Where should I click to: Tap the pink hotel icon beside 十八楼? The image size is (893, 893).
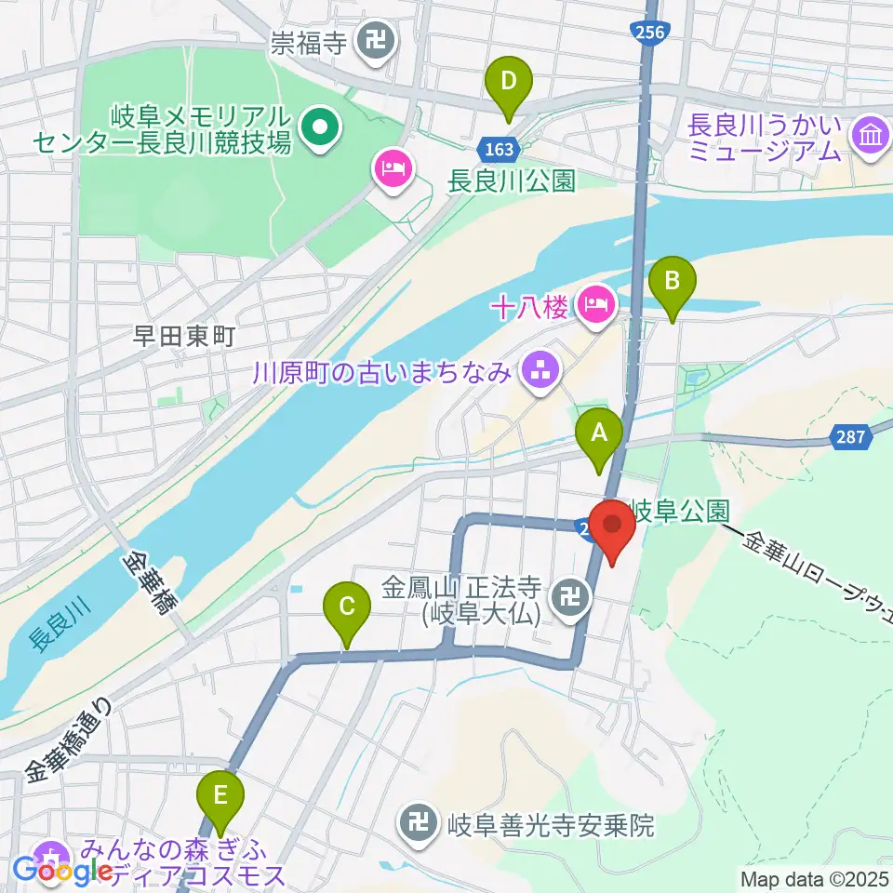pyautogui.click(x=596, y=302)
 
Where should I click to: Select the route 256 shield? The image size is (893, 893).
pyautogui.click(x=650, y=33)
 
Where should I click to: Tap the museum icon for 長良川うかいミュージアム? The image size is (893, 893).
pyautogui.click(x=872, y=136)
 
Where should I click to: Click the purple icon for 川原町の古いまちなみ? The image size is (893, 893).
pyautogui.click(x=540, y=372)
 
